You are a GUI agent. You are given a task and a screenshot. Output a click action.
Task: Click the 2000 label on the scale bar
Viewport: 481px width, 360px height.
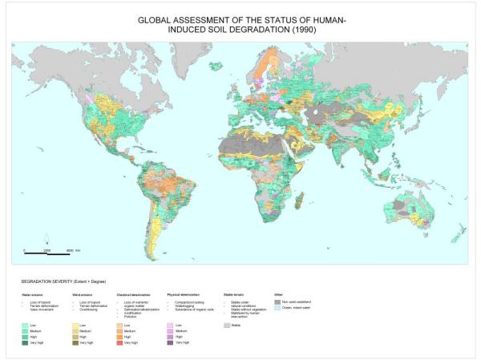(47, 251)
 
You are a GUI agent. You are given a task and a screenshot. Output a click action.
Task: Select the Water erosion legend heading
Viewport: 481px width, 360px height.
(31, 295)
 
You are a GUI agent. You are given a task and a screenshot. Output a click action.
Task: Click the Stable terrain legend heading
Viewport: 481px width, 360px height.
(232, 295)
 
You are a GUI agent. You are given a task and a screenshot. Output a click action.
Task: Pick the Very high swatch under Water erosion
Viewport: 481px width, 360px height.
(27, 342)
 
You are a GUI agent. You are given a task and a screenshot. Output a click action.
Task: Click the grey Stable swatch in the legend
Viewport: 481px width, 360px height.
(227, 325)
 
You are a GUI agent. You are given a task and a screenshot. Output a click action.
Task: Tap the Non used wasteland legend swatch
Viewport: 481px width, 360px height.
(277, 301)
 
